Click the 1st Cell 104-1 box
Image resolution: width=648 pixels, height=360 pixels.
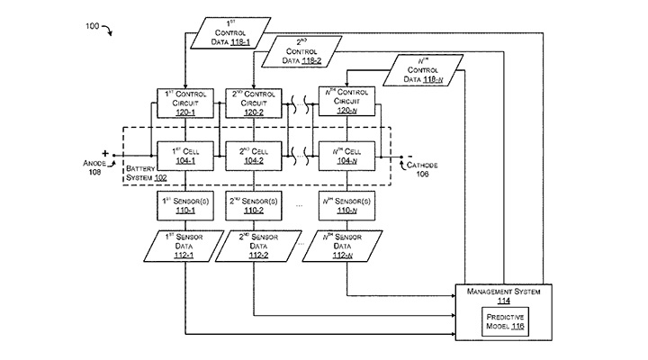(x=184, y=155)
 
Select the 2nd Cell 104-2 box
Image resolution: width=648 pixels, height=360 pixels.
(x=252, y=155)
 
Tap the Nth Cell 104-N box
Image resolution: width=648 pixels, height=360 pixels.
(x=346, y=155)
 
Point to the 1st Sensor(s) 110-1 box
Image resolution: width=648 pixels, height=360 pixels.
(x=184, y=206)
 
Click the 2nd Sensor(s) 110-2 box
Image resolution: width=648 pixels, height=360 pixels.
(x=252, y=206)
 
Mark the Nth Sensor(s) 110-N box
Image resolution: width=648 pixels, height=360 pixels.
(x=346, y=206)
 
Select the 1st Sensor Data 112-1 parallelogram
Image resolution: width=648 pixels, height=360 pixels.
(x=184, y=246)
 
